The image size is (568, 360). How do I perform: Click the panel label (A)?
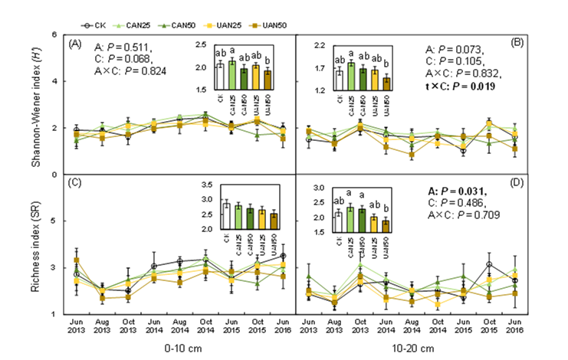coord(74,44)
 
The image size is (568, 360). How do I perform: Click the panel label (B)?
coord(517,44)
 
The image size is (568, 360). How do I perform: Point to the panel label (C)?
coord(74,182)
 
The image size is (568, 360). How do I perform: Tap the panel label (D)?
coord(517,182)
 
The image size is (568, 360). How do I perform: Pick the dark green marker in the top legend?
coord(163,26)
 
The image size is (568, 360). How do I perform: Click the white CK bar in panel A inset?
coord(220,77)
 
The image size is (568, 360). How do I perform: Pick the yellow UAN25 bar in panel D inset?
coord(374,223)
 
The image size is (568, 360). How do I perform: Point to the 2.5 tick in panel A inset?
coord(201,44)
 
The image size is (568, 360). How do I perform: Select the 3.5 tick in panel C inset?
coord(205,185)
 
